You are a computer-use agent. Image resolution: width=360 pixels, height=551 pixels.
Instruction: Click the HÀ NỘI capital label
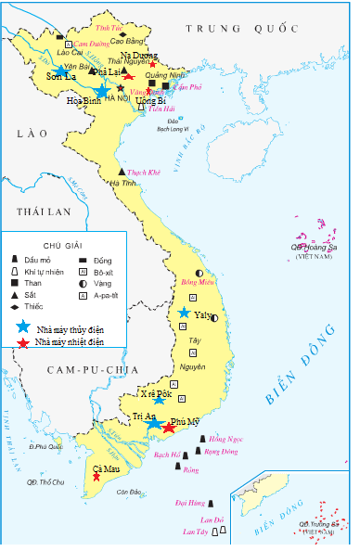(118, 97)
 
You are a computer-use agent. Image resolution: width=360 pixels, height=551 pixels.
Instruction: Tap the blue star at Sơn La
(60, 70)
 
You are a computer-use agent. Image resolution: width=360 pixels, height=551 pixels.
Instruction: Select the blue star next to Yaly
(185, 313)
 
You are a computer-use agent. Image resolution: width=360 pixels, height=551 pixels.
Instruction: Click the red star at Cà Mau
(96, 477)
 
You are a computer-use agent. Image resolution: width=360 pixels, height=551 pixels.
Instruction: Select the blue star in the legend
(21, 327)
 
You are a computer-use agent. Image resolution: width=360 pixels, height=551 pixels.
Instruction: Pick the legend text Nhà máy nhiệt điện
(70, 342)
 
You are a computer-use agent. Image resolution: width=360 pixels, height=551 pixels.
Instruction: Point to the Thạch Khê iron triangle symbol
(122, 172)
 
